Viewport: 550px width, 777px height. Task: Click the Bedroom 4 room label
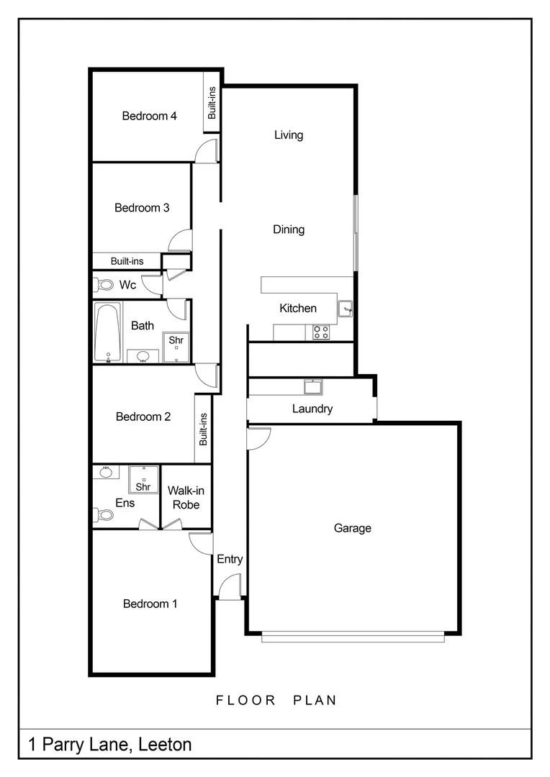click(x=149, y=116)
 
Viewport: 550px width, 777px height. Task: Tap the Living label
click(x=288, y=135)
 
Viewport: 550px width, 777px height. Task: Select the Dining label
click(x=288, y=230)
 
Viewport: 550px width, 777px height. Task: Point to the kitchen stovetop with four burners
click(x=321, y=332)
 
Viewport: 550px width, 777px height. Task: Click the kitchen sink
click(x=346, y=309)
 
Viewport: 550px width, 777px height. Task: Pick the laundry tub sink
click(x=313, y=388)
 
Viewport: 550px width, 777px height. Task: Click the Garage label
click(x=352, y=528)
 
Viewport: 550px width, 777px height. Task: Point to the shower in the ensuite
click(x=143, y=479)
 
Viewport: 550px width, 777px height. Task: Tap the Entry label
click(x=230, y=559)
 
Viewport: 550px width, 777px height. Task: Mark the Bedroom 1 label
click(x=150, y=604)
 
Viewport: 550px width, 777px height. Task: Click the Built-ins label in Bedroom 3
click(x=127, y=261)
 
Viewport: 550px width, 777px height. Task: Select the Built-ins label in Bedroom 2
click(x=203, y=429)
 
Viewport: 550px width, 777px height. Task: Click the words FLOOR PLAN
click(x=276, y=700)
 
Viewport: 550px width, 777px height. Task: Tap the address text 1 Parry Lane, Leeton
click(x=110, y=744)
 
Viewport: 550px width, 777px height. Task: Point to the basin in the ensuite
click(x=107, y=472)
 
